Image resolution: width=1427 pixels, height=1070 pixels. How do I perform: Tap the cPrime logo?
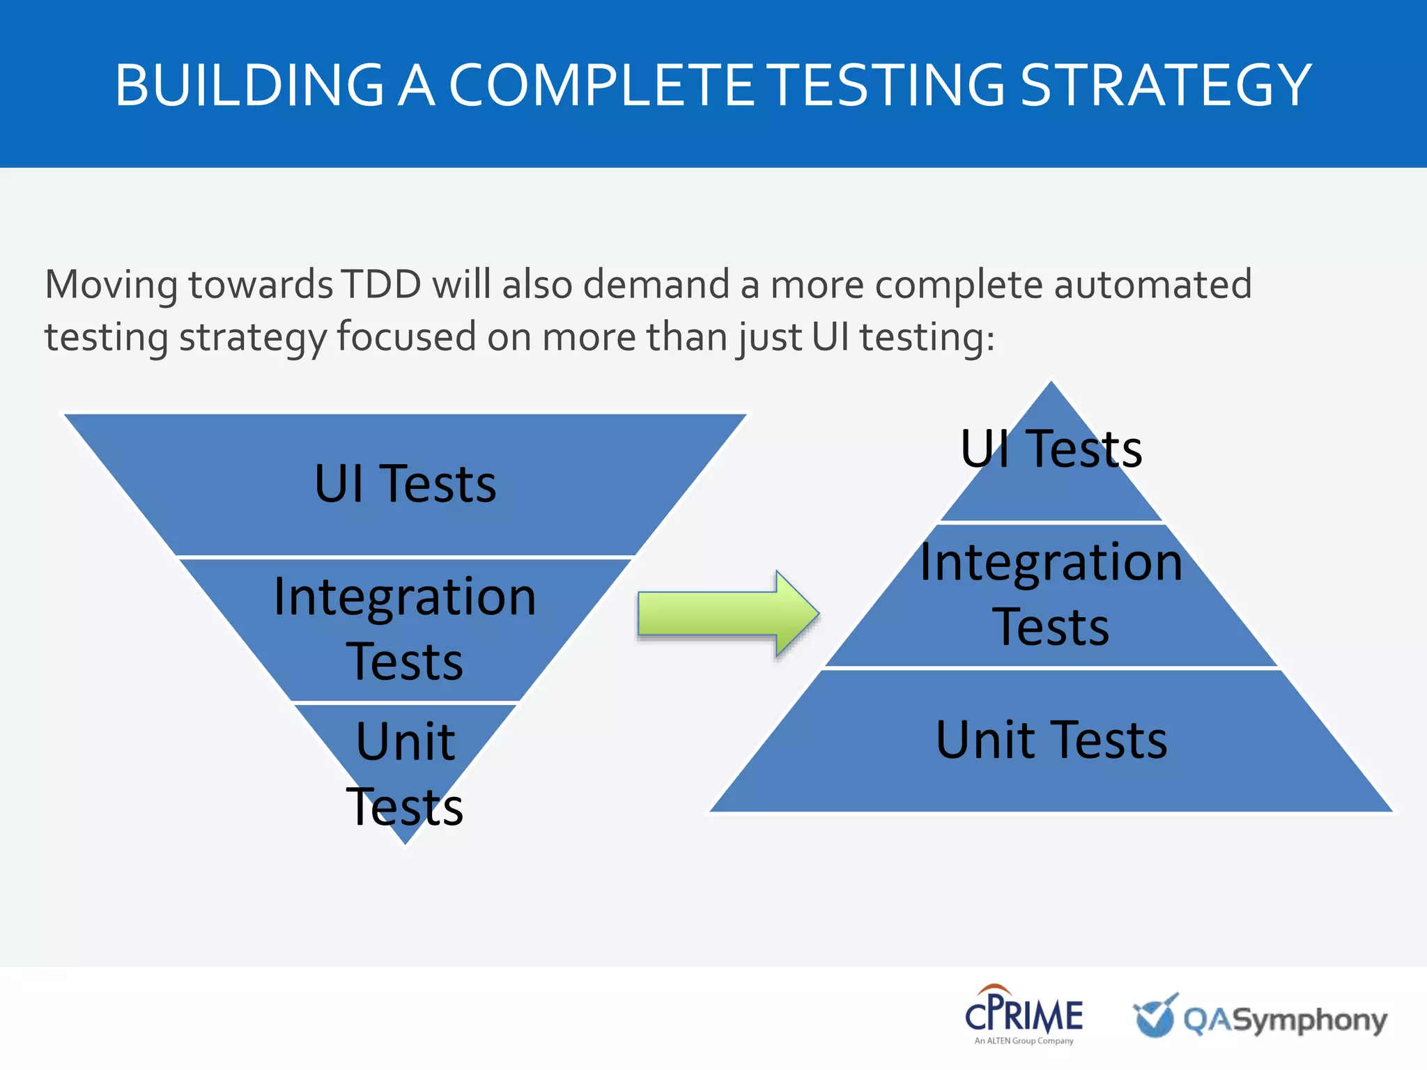click(1024, 1014)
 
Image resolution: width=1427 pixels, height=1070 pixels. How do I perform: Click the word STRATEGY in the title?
click(1166, 85)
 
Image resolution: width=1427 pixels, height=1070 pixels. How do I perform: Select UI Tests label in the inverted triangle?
click(405, 483)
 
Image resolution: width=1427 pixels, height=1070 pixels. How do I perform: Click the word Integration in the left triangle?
click(405, 596)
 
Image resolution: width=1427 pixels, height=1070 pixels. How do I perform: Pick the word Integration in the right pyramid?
click(1051, 561)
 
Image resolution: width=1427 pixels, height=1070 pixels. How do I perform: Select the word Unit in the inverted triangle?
click(405, 741)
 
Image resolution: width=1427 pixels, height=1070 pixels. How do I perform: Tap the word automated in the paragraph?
click(1152, 284)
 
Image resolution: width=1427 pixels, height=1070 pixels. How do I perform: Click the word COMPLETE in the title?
click(601, 85)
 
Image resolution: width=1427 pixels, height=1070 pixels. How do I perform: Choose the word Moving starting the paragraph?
click(111, 284)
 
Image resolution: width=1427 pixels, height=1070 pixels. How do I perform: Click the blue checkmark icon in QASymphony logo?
click(1155, 1016)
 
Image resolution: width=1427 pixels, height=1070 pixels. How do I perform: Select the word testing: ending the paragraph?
click(927, 337)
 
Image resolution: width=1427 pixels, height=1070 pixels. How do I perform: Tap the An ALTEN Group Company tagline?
click(1024, 1041)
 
